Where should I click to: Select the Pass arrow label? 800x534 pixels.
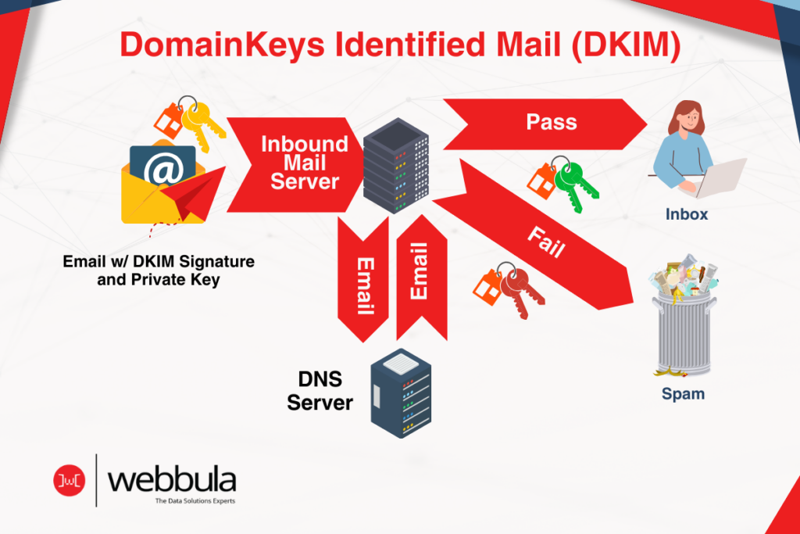551,123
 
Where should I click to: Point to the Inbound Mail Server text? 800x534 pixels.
304,163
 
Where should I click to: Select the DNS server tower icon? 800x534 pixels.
402,392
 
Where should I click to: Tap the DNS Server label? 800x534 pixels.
320,391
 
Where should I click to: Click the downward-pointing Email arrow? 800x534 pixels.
362,281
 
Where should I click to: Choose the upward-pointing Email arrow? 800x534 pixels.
420,278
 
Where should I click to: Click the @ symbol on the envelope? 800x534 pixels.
162,171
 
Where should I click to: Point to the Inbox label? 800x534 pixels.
687,213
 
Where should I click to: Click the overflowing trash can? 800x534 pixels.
684,321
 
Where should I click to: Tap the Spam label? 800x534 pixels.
683,394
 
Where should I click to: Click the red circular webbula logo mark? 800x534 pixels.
68,479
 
